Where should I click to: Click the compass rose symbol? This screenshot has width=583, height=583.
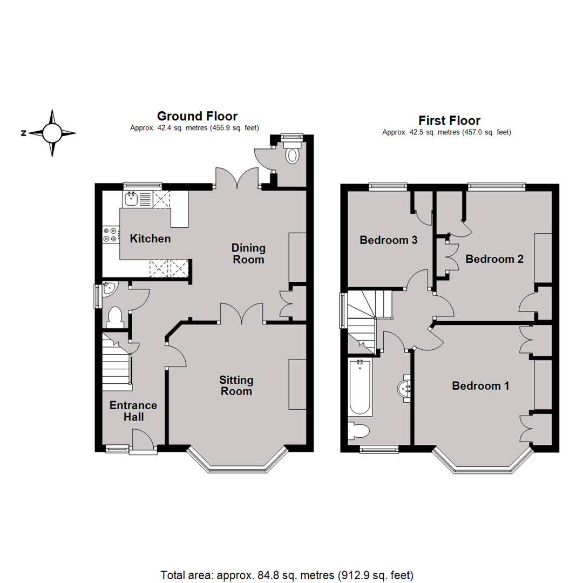[52, 133]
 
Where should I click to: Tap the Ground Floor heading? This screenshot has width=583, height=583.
[197, 116]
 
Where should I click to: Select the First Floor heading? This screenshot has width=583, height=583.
[449, 120]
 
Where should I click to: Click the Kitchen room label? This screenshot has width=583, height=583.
[151, 239]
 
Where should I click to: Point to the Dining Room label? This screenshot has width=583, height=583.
[248, 254]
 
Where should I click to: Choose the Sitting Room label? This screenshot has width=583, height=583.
[236, 385]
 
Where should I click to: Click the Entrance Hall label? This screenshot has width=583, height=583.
[133, 411]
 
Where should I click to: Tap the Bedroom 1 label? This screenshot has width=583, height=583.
[480, 386]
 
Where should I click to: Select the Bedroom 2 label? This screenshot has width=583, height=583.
[494, 259]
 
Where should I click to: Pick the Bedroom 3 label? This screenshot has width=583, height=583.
[389, 240]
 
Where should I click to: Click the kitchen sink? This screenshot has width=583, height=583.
[131, 199]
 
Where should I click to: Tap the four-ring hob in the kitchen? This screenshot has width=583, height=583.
[110, 234]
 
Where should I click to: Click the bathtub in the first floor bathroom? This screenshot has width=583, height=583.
[361, 388]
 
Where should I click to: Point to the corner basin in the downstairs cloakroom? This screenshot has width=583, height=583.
[108, 289]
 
